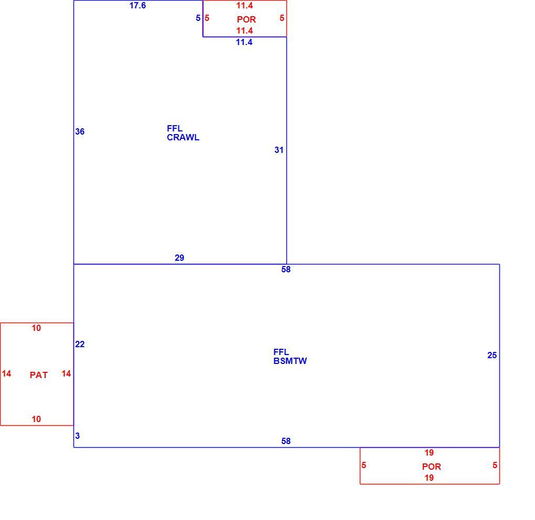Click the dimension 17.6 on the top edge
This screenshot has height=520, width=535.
point(137,5)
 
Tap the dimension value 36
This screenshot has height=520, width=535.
point(80,131)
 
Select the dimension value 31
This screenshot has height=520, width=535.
point(279,150)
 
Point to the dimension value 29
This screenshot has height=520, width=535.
point(179,258)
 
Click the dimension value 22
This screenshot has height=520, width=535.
point(80,344)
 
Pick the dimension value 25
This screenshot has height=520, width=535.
point(492,356)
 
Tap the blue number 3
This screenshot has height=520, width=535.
point(78,436)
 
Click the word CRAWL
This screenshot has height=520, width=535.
point(183,137)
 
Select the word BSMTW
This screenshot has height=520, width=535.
point(290,361)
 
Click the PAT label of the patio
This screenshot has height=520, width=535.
point(39,375)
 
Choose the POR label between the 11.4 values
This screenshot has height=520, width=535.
point(247,19)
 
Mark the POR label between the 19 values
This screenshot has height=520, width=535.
point(432,467)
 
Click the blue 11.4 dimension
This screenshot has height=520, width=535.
point(244,42)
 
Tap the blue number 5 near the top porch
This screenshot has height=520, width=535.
point(198,18)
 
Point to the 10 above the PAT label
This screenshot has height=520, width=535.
point(36,328)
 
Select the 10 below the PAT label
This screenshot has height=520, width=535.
point(36,419)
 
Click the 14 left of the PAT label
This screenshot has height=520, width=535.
point(6,374)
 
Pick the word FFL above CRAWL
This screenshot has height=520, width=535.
point(175,128)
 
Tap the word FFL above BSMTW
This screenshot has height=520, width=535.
point(281,352)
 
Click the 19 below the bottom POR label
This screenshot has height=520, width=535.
point(429,478)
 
